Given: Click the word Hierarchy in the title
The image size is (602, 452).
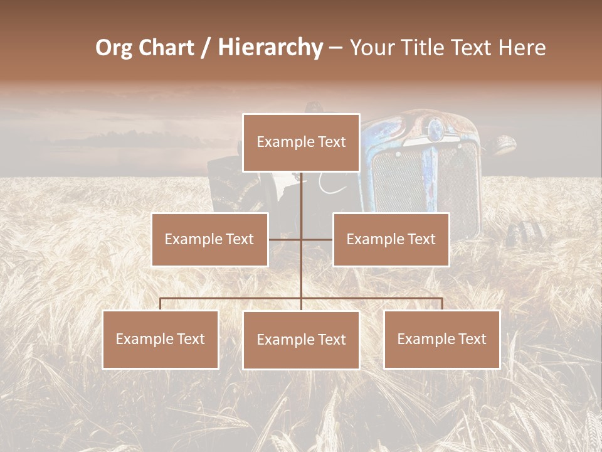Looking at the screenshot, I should pos(270,48).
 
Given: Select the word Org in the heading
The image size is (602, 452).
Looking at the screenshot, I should pos(114,48).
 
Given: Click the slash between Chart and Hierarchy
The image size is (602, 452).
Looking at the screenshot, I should pos(205,48).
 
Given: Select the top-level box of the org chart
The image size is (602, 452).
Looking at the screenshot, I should pos(301,143).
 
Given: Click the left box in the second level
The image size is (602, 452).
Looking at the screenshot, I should pos(209,239).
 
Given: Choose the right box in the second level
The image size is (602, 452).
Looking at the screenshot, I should pos(391,239).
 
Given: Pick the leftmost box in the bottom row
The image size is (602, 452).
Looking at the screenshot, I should pos(160,339).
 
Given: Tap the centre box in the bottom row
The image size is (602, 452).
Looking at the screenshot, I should pos(301,340).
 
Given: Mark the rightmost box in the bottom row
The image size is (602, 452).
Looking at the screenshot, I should pos(441,339).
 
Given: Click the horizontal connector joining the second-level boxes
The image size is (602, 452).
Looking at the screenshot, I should pos(301,240).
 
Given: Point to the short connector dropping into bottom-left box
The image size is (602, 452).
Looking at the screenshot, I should pos(160,304).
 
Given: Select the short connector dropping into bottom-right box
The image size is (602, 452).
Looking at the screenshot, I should pos(441,304).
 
